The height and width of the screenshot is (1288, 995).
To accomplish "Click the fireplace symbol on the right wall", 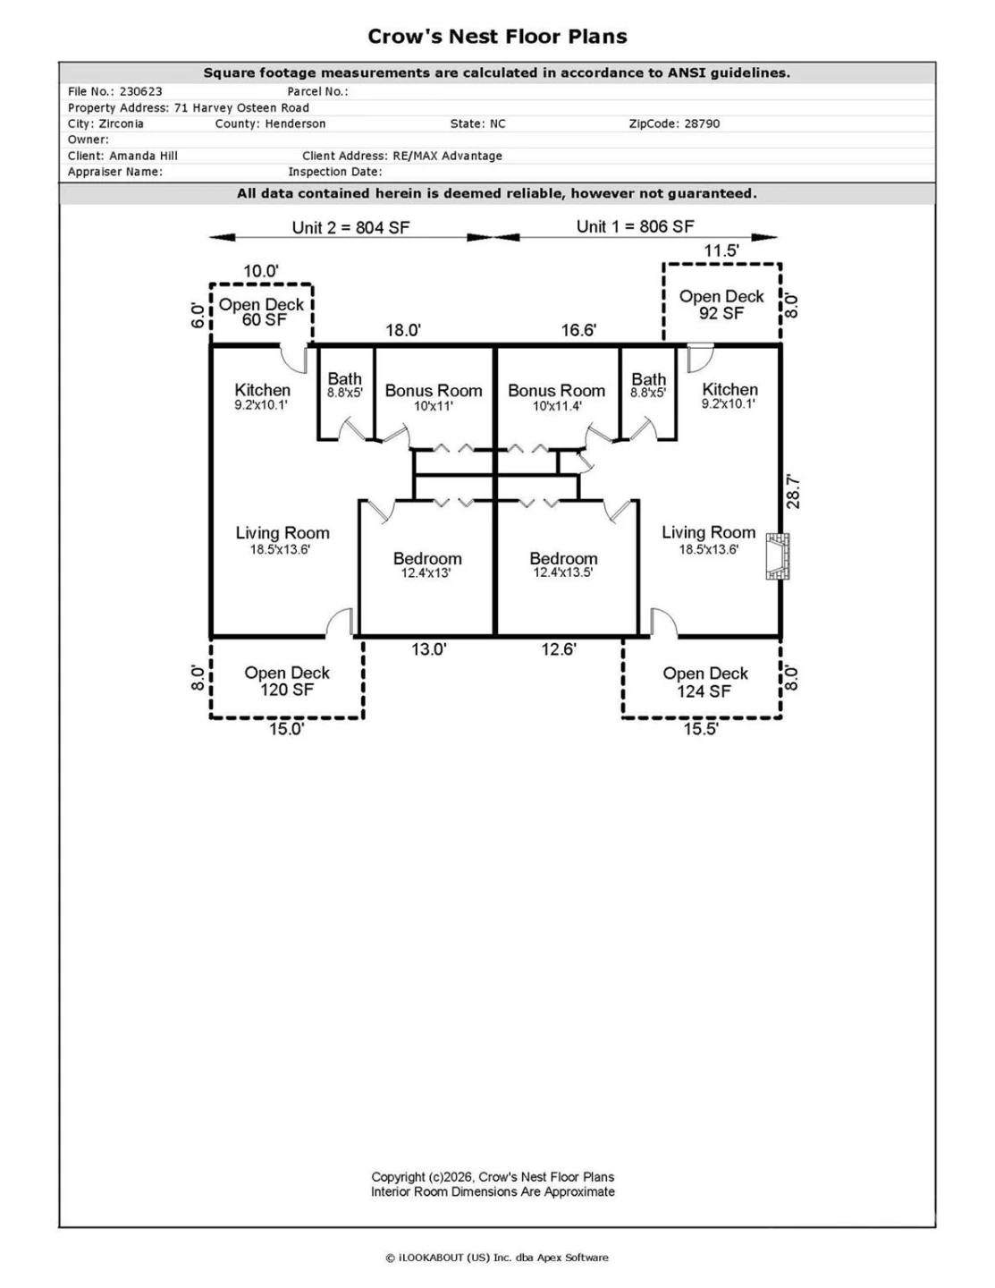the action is [x=777, y=556].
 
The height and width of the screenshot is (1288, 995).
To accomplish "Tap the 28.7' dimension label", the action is [x=793, y=491].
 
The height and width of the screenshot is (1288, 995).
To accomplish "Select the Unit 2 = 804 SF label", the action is [x=350, y=227].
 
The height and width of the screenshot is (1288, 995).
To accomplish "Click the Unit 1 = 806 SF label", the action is [x=635, y=226].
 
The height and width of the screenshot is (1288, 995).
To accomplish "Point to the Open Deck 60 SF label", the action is [x=261, y=312].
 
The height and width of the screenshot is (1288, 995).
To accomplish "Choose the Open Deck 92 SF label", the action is [x=721, y=305].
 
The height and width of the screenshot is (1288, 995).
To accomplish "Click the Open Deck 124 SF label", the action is [x=704, y=682].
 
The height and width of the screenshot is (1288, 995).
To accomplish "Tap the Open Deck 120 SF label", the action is [x=287, y=681].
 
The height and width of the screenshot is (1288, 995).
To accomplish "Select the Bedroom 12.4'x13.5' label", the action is [x=563, y=564].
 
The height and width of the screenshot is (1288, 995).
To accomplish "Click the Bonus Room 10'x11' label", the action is [x=434, y=398].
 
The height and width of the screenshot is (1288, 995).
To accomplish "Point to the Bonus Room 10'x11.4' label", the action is [x=557, y=398].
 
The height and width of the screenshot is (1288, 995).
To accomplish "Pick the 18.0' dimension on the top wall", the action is [x=403, y=330].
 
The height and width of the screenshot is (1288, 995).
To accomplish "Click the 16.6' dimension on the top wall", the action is [x=578, y=330].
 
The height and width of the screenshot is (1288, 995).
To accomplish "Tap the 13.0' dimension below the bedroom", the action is [x=429, y=649].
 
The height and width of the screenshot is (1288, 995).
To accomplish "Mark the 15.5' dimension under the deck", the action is [x=701, y=729].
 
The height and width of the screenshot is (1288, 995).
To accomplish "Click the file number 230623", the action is [x=141, y=91].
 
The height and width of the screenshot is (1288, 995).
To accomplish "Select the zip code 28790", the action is [x=702, y=123].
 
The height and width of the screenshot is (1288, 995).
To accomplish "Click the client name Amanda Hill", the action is [x=143, y=156].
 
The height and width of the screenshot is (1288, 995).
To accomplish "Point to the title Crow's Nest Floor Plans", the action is [x=497, y=37].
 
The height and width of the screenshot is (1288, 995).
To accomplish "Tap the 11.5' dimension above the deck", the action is [x=721, y=250].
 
